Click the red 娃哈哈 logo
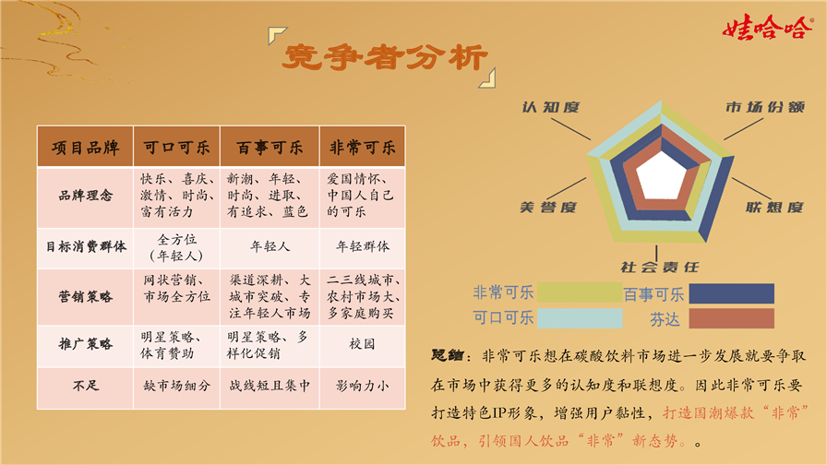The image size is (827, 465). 767,27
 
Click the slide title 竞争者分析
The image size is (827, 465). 385,57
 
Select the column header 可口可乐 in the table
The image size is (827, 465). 176,147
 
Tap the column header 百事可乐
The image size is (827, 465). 270,147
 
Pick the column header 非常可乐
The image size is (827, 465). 363,147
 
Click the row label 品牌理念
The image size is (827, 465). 86,196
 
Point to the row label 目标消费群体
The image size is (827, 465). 86,246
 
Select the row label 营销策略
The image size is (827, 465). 86,297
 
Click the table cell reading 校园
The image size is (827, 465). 362,344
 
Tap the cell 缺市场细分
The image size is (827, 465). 176,386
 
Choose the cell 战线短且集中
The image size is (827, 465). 270,386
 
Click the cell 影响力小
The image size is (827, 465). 363,386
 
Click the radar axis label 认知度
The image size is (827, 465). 551,108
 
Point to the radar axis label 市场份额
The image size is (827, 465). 765,108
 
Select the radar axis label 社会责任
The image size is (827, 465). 660,268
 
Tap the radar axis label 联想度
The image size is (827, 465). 774,208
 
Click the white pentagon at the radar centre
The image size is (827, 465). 661,175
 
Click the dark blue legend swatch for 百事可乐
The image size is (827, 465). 732,293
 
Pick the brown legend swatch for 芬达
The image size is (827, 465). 732,318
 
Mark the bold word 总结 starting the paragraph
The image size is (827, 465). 448,355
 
